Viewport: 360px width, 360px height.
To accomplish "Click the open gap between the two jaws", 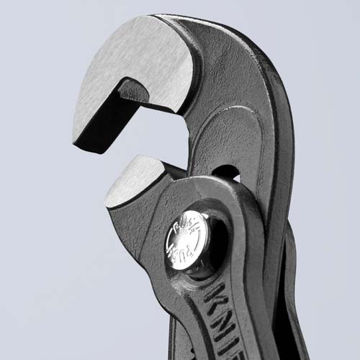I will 108,162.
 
